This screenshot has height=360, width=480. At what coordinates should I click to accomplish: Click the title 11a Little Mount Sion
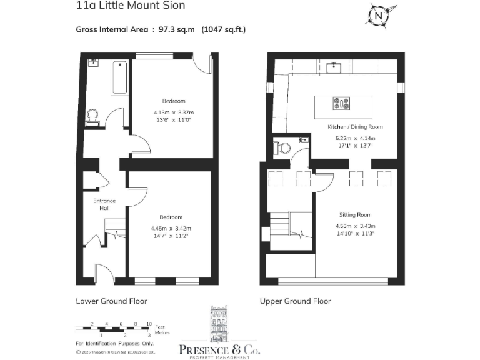pyautogui.click(x=131, y=6)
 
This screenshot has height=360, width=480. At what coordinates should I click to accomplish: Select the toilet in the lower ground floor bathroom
pyautogui.click(x=92, y=116)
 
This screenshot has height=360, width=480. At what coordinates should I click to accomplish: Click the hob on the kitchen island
pyautogui.click(x=342, y=103)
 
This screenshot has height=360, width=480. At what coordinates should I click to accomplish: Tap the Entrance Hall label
pyautogui.click(x=104, y=204)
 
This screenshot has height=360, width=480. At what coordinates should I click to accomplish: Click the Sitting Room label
pyautogui.click(x=356, y=214)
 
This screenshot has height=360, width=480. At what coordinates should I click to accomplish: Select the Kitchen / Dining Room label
pyautogui.click(x=355, y=127)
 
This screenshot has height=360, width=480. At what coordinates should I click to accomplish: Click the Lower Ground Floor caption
pyautogui.click(x=111, y=301)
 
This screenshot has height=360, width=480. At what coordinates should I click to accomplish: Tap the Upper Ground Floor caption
pyautogui.click(x=296, y=301)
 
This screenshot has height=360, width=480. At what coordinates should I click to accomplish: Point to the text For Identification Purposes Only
pyautogui.click(x=114, y=344)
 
